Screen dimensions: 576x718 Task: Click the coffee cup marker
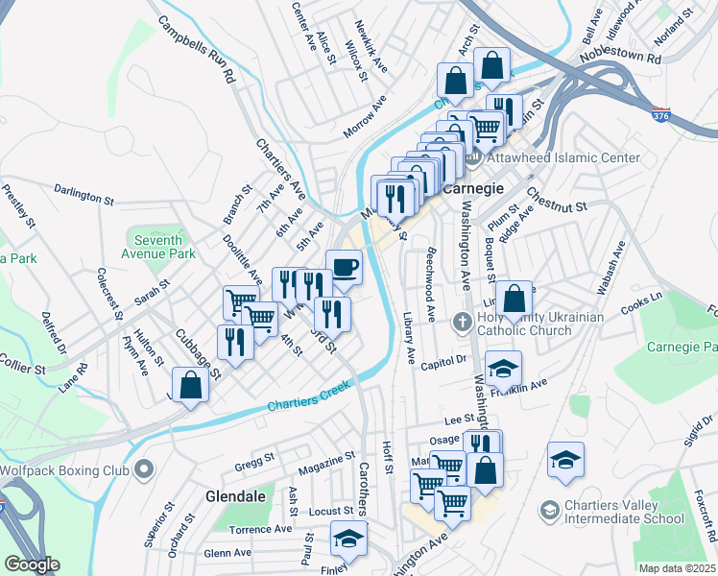(x=345, y=266)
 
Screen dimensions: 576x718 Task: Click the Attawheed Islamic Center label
(x=563, y=157)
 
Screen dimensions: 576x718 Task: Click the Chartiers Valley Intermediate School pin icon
(x=548, y=508)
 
